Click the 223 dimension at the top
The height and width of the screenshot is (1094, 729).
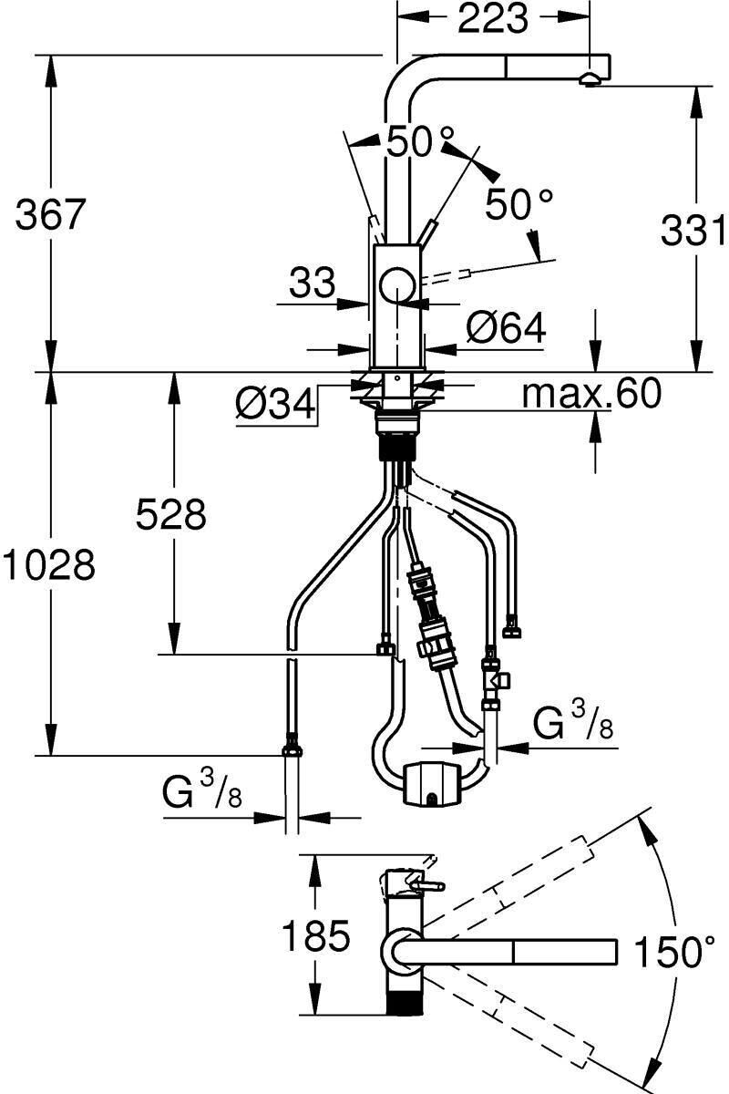[493, 18]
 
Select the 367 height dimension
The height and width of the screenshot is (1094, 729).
[51, 214]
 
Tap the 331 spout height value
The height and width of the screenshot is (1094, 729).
[694, 230]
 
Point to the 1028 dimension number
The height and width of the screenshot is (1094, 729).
[48, 565]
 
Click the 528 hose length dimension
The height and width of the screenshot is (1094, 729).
[171, 514]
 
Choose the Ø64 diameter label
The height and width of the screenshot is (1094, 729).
[506, 327]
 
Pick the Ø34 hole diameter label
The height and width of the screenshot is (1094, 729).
[275, 404]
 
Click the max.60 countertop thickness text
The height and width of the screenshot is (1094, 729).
[591, 393]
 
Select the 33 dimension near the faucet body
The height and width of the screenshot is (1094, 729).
[313, 283]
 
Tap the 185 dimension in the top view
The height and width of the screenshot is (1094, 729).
[316, 936]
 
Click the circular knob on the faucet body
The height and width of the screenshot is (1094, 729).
[398, 285]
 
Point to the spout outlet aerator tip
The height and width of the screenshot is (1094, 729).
[590, 80]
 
